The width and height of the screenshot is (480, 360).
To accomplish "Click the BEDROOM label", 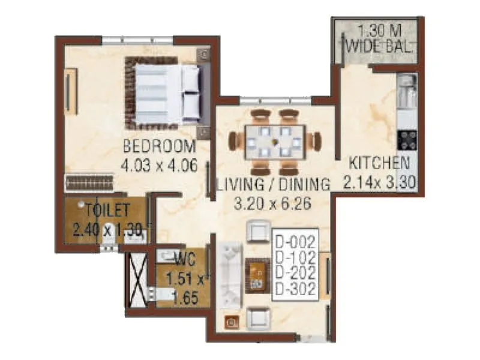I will point(160,146).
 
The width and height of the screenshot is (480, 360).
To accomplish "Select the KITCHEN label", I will point(380,163).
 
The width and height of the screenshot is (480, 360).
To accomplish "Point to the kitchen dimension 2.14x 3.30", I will point(380,181).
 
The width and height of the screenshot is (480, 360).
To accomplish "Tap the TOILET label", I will point(107,211).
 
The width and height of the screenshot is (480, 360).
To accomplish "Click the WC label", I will point(183,261).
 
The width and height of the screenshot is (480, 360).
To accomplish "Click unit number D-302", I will point(295,289).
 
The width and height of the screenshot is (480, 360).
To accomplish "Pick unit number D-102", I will point(295,259).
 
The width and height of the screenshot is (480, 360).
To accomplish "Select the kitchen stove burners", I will point(408,140).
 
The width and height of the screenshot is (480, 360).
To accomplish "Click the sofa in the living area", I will point(231,275).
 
